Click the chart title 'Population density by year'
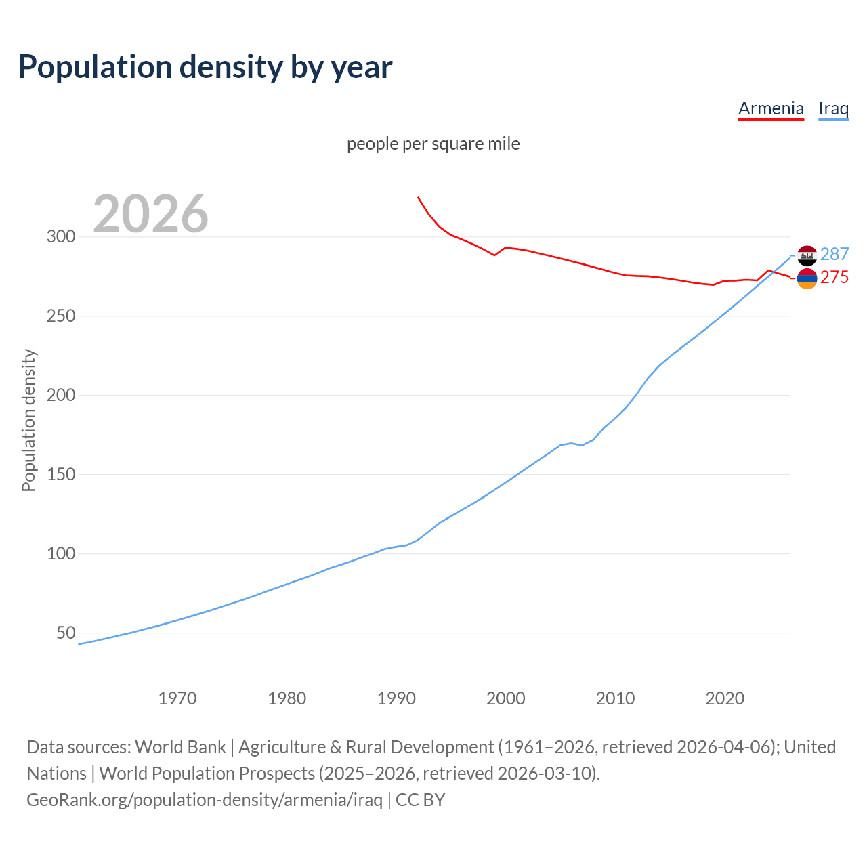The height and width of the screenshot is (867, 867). coord(205,66)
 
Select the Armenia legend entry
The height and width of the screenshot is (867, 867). coord(771,108)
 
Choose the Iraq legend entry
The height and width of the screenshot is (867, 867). coord(833,108)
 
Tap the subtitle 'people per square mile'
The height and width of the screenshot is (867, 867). coord(433,144)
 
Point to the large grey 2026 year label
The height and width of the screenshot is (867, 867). coord(150,213)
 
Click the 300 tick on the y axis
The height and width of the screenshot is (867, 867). coord(60,236)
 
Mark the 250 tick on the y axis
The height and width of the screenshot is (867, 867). coord(60,316)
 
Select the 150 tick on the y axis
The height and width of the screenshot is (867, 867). coord(60,474)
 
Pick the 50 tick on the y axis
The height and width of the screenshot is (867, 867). coord(66,633)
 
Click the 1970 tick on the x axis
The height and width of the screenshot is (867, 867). coord(177,698)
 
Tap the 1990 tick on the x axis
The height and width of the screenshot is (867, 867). coord(396,698)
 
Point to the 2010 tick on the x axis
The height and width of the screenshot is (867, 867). coord(615,698)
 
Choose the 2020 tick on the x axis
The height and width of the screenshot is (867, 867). coord(725,698)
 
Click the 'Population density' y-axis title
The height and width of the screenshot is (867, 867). coord(28,420)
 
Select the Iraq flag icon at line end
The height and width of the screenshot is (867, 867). coord(807,255)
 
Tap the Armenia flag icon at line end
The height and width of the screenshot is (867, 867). coord(807,278)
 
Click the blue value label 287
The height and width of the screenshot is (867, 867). coord(834,254)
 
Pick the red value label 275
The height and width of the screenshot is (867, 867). coord(834,277)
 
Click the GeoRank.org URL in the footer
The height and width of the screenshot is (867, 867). coord(205,799)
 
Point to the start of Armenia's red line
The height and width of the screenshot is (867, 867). coord(418,197)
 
